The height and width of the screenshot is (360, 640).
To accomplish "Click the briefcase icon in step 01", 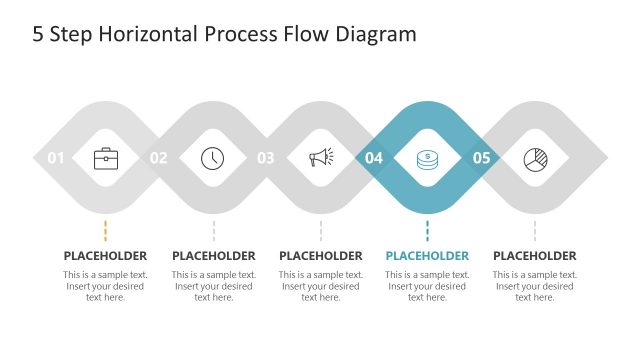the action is point(106,158).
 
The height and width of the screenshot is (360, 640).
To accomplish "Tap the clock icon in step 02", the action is point(213,158).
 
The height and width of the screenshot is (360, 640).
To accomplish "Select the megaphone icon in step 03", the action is point(320,158).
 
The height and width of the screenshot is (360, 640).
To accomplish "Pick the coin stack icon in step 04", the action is point(427,158).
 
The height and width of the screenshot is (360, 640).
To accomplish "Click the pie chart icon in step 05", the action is point(534,158).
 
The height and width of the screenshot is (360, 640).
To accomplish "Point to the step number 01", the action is point(56,158).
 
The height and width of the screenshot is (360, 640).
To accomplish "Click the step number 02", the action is point(159,158).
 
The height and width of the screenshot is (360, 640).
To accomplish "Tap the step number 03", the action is point(266,158).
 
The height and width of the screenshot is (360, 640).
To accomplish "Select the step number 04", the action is point(374,158).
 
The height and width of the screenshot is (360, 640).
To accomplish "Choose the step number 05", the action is point(481,158).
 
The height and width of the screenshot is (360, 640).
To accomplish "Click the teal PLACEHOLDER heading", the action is point(427,256).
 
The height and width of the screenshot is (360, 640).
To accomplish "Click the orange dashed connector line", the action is point(106,230).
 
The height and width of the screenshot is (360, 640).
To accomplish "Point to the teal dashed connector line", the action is point(427,230).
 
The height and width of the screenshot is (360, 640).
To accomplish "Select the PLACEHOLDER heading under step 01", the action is point(105,256).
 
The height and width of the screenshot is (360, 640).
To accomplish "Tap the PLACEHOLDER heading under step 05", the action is point(535,256).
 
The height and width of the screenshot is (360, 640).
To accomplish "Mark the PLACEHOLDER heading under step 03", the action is point(320,256).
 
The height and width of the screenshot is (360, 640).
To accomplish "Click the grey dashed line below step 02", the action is point(213,230).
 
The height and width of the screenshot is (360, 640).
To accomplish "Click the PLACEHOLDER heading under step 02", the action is point(213,256).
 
